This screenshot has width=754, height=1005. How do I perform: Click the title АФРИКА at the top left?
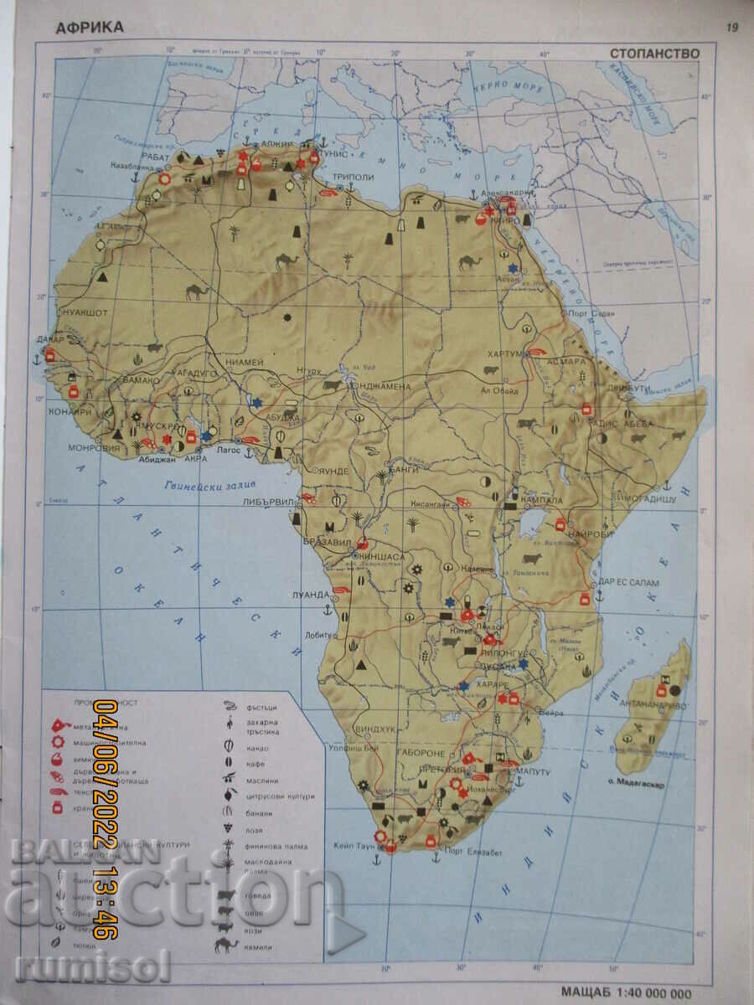pos(89,27)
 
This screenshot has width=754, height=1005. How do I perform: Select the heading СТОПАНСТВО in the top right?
pos(654,53)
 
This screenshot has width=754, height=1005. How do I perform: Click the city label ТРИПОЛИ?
pos(353,178)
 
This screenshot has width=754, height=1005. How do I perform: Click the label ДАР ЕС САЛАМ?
pos(628,582)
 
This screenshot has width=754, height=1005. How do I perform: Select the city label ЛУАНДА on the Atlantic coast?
pos(310,594)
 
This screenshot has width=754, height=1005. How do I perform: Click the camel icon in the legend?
pos(225,946)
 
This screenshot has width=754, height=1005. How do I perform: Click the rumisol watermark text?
pos(92,967)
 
